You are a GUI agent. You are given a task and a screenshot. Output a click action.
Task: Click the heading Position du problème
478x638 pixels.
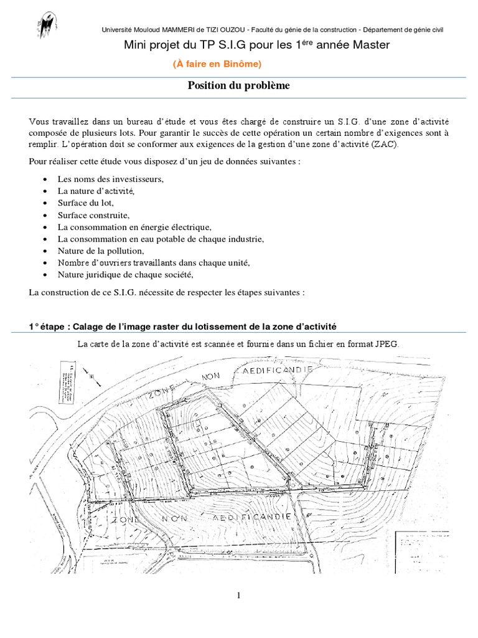[x=239, y=86]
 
